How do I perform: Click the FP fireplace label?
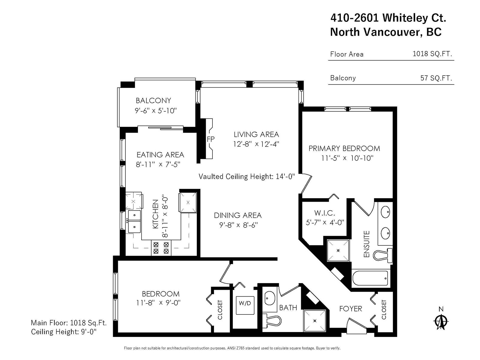tap(211, 139)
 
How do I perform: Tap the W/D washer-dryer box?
tap(245, 305)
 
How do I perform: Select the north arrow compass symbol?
tap(441, 321)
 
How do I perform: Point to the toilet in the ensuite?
tap(383, 255)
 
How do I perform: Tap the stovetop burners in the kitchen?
tap(161, 248)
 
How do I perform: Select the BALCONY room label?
tap(153, 100)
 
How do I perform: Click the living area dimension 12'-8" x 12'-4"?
tap(256, 144)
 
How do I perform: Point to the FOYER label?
tap(351, 309)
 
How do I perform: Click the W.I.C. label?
tap(325, 213)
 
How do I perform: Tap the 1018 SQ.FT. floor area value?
tap(432, 54)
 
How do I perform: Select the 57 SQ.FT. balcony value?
tap(436, 78)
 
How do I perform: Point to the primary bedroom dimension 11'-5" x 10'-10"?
tap(347, 158)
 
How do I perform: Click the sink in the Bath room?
tap(270, 298)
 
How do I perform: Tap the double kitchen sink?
tap(134, 221)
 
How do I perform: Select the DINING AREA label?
tap(238, 215)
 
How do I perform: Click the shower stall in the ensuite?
tap(338, 250)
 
